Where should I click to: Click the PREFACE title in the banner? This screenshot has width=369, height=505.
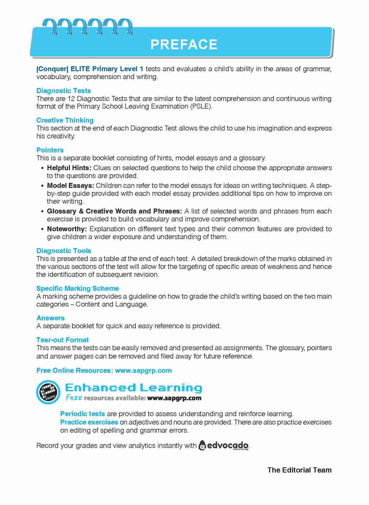[184, 44]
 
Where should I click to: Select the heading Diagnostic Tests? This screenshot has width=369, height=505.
[64, 91]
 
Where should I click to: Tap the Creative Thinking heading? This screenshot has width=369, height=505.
[65, 120]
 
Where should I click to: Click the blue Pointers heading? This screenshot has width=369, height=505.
[50, 150]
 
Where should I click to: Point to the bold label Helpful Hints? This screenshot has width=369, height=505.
[69, 168]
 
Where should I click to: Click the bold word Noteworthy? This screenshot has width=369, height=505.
[67, 229]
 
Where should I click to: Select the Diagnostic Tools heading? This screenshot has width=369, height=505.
[64, 251]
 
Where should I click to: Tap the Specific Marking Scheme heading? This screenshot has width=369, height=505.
[78, 288]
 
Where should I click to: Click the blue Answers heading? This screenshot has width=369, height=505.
[51, 318]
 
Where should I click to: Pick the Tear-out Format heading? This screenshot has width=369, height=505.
[63, 340]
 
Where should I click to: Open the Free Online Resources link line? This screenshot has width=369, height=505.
[104, 370]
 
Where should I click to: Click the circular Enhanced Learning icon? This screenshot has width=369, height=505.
[48, 392]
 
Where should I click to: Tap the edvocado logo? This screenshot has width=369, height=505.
[224, 445]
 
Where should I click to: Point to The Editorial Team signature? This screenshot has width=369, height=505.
[299, 470]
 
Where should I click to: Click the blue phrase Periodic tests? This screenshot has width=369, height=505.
[82, 414]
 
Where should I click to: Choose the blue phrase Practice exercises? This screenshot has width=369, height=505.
[89, 422]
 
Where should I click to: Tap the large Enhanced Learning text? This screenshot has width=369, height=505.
[134, 388]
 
